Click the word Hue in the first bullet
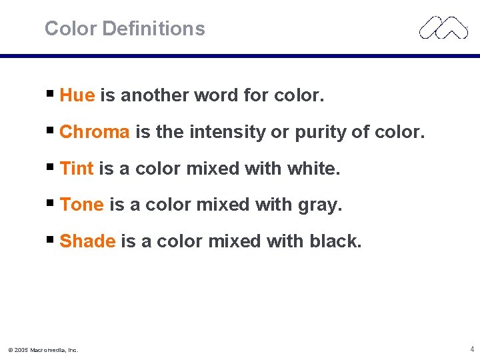(x=77, y=96)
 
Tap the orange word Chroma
(x=95, y=133)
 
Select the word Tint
(x=77, y=169)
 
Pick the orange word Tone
(x=81, y=205)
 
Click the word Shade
(x=87, y=241)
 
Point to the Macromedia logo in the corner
(x=443, y=27)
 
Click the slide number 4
(x=471, y=349)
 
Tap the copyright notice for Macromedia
(x=43, y=349)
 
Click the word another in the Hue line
(x=154, y=96)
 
